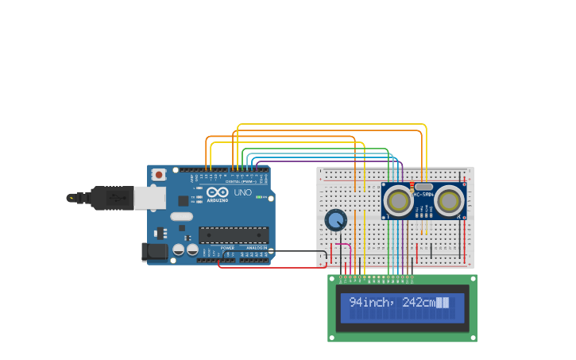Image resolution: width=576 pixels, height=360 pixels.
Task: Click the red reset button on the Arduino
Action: click(159, 174)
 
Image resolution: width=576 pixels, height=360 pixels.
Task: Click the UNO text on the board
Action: click(242, 192)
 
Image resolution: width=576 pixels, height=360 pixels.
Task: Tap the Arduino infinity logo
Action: click(218, 192)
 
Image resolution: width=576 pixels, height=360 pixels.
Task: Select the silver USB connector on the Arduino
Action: click(149, 197)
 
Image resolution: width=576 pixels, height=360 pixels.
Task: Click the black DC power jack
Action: click(155, 253)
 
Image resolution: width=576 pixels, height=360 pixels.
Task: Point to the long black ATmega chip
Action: click(233, 234)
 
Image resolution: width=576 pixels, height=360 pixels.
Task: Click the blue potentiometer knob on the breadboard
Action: click(336, 219)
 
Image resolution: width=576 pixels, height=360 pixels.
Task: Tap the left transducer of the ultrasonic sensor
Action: click(397, 201)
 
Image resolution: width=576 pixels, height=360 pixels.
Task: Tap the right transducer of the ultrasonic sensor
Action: click(450, 201)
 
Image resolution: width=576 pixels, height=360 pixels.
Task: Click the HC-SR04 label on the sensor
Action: click(423, 195)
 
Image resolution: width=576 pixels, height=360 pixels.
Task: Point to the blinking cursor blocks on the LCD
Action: click(443, 303)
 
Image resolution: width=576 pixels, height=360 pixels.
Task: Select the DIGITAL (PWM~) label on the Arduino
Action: click(243, 181)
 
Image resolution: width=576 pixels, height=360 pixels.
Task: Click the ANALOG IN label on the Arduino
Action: click(256, 248)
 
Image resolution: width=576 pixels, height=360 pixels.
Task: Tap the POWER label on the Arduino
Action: click(228, 248)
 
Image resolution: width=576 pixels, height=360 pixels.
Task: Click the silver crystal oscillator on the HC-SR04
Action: click(423, 187)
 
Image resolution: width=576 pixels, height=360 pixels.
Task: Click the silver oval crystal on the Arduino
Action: click(181, 216)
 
